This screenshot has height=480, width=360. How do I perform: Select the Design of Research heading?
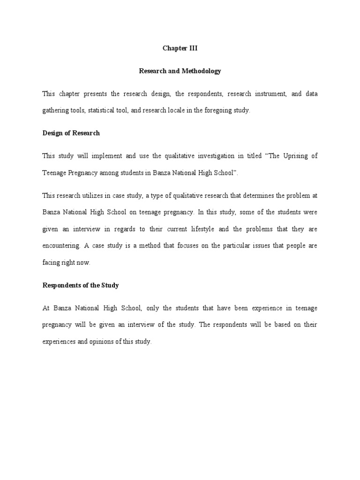(x=71, y=133)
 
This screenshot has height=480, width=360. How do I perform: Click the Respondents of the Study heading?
(x=80, y=285)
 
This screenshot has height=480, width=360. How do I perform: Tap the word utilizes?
(x=95, y=195)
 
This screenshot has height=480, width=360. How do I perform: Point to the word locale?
(x=190, y=111)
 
